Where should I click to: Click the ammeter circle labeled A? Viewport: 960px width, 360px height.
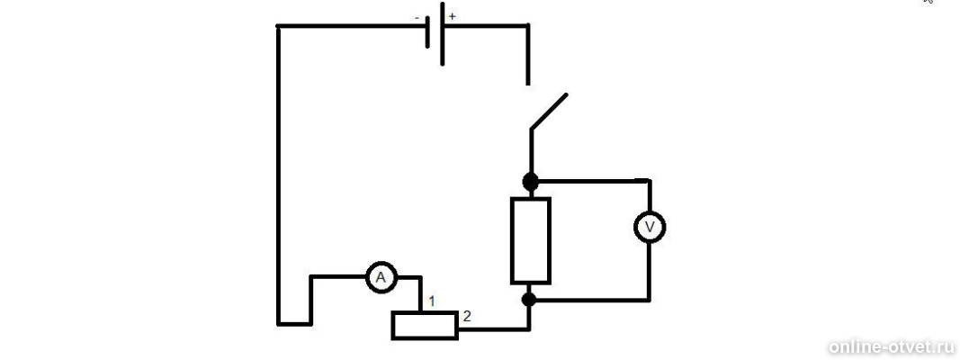(x=381, y=278)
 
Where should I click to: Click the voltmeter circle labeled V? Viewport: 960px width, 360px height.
(x=649, y=227)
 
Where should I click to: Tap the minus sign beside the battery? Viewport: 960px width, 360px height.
(x=417, y=18)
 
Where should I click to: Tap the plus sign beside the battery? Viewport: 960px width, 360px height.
(x=453, y=16)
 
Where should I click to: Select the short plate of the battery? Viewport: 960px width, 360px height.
(x=427, y=34)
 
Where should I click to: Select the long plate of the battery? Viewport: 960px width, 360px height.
(x=442, y=33)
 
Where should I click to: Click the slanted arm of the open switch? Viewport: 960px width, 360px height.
(x=549, y=112)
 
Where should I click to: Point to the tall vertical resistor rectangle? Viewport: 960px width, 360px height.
(x=531, y=240)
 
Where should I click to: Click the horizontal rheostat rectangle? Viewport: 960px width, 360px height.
(x=425, y=325)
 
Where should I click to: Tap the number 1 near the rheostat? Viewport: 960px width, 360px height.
(x=432, y=301)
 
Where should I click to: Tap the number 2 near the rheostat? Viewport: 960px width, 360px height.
(x=467, y=317)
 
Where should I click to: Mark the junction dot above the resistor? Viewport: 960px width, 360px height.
(x=530, y=181)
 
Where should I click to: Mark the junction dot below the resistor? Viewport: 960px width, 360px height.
(x=530, y=300)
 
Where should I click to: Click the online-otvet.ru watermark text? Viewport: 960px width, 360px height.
(x=892, y=347)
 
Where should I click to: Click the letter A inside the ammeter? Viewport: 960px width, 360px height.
(x=381, y=279)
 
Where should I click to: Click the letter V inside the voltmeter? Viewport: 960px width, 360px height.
(x=650, y=228)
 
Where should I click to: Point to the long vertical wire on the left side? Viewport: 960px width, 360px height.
(x=279, y=175)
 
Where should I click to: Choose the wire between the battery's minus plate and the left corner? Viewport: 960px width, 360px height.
(x=352, y=26)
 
